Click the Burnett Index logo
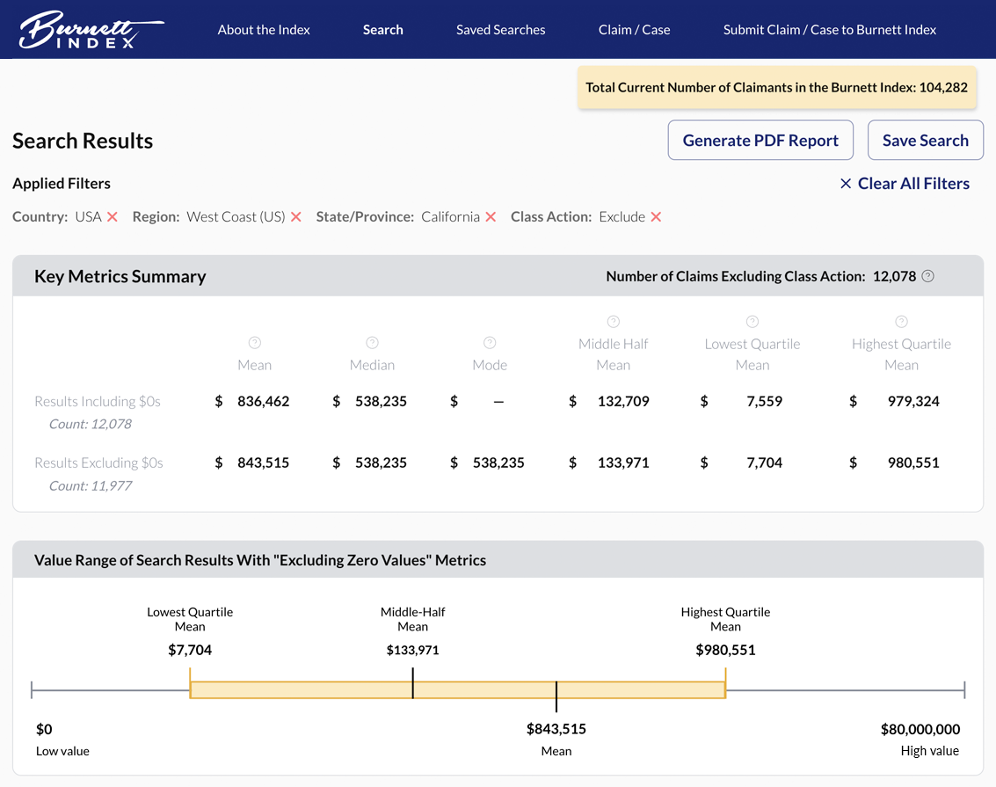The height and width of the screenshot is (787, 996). tap(91, 30)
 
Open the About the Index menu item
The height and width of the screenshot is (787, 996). tap(264, 30)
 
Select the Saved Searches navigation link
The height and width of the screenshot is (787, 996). tap(500, 30)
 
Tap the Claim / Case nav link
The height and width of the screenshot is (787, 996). tap(634, 30)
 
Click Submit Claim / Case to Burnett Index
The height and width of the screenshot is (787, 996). tap(829, 30)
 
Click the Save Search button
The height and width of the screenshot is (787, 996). tap(925, 141)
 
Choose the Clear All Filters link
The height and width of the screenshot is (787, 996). tap(905, 184)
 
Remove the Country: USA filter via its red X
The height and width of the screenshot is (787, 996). tap(113, 217)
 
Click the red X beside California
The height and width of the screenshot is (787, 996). tap(491, 217)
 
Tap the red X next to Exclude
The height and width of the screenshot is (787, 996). tap(656, 217)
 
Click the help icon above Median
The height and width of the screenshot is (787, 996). tap(372, 343)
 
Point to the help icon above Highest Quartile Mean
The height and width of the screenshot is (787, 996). tap(901, 322)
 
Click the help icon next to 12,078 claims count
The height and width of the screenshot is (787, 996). tap(927, 276)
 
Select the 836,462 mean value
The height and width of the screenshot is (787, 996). tap(263, 402)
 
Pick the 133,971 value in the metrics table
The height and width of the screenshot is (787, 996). tap(622, 463)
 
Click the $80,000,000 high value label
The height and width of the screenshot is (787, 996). tap(920, 729)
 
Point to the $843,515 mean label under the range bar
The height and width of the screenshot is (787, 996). tap(556, 729)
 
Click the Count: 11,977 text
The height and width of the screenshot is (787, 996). tap(91, 485)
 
